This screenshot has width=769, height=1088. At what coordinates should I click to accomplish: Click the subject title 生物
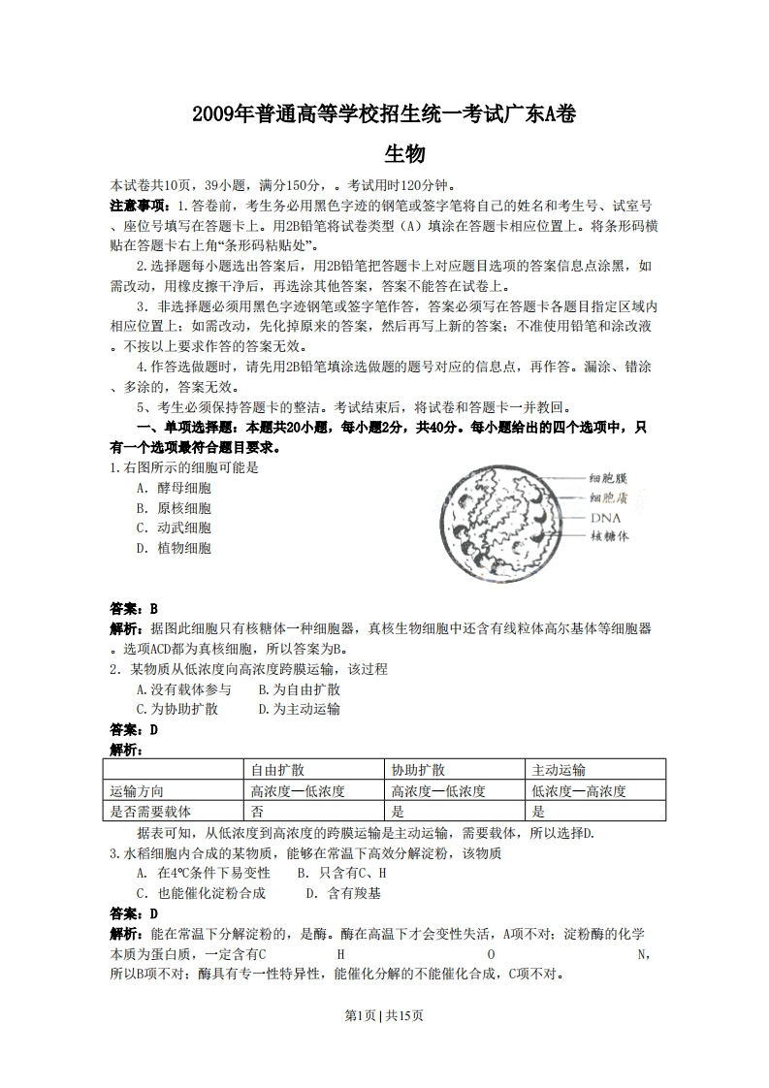[x=384, y=154]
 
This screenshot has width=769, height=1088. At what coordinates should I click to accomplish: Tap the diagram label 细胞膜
[x=608, y=478]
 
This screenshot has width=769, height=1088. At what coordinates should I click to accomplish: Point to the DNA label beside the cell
[x=605, y=517]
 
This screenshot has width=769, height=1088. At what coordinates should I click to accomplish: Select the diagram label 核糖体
[x=609, y=535]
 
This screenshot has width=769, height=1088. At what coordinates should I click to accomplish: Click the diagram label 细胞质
[x=608, y=497]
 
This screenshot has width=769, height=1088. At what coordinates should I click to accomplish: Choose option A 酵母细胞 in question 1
[x=174, y=488]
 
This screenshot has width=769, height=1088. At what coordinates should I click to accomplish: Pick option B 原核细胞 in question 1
[x=174, y=508]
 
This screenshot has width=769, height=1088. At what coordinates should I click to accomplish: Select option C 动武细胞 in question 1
[x=174, y=528]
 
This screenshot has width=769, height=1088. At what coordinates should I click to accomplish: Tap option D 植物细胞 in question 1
[x=174, y=548]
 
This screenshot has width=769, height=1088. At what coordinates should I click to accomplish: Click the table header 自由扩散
[x=277, y=770]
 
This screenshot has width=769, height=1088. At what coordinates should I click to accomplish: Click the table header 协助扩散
[x=418, y=770]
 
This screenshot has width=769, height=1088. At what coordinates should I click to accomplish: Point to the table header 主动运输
[x=559, y=770]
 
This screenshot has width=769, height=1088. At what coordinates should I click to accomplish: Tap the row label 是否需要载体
[x=151, y=812]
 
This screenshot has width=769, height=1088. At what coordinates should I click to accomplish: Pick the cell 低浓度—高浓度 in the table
[x=579, y=791]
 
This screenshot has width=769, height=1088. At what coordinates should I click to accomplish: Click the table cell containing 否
[x=257, y=812]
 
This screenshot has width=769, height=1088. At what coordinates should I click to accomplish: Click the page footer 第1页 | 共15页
[x=384, y=1015]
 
